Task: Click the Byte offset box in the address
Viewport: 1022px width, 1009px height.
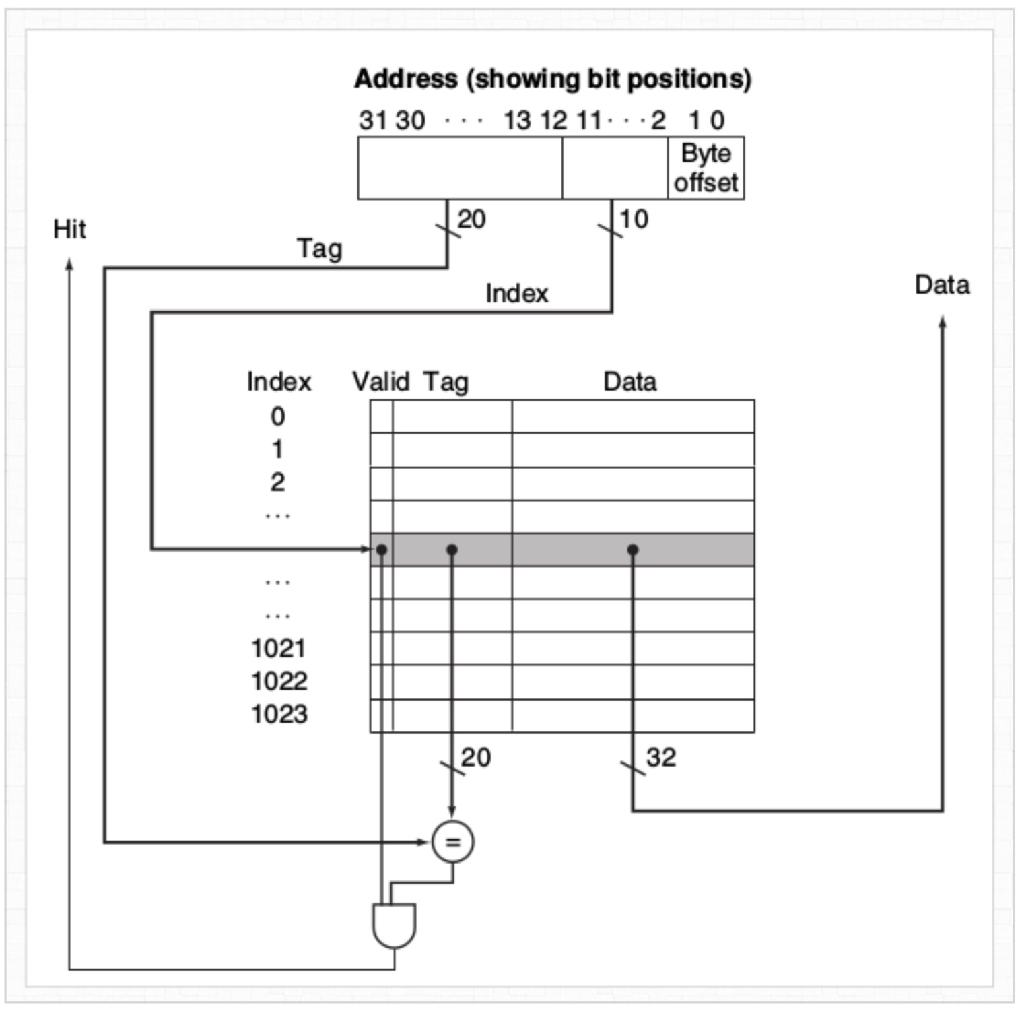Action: (706, 168)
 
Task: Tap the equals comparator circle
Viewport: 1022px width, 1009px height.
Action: (452, 841)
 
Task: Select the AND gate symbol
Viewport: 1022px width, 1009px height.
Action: (395, 925)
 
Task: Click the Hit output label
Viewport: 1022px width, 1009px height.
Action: (69, 229)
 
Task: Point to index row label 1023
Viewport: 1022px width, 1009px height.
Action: (279, 714)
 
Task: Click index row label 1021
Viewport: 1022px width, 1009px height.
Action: (279, 648)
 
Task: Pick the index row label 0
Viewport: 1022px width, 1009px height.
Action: (277, 416)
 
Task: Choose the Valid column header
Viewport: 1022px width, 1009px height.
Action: (380, 382)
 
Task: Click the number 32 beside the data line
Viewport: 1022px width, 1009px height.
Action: (660, 757)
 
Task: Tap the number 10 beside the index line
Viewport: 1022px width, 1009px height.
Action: (634, 219)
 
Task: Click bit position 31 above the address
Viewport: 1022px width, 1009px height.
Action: (372, 121)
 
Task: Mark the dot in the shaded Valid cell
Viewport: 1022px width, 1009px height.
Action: (382, 550)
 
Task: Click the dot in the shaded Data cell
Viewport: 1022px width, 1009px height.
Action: (632, 550)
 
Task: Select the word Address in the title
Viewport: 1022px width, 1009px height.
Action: (406, 79)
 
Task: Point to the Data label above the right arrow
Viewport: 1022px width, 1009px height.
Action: (942, 285)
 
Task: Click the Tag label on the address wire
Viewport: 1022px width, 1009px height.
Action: (319, 249)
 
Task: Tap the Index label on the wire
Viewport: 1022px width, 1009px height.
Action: (516, 294)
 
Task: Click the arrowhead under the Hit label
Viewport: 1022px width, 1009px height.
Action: (69, 263)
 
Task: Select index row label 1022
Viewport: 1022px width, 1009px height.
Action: (279, 681)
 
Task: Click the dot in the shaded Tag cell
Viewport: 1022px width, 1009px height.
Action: (452, 550)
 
